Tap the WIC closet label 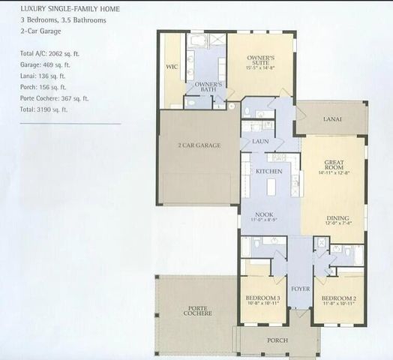171,67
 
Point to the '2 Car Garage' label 199,145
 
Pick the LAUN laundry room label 261,141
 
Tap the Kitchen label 268,172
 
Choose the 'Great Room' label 334,165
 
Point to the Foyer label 300,288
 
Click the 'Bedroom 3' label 262,298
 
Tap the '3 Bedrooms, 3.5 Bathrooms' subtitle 63,20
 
